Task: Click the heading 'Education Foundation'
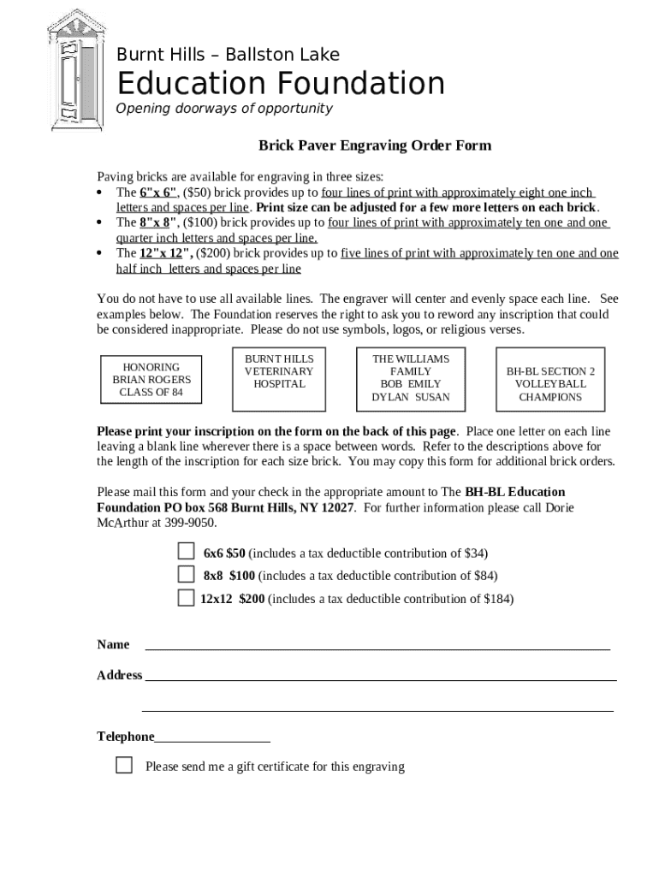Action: (281, 84)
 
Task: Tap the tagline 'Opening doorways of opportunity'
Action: (223, 109)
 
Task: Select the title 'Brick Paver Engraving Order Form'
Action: (375, 145)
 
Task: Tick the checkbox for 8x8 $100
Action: (186, 573)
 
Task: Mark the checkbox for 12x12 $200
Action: (186, 597)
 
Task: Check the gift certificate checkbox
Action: (124, 765)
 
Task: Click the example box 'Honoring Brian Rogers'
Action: (151, 380)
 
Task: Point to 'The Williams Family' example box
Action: (410, 378)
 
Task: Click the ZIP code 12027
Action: (337, 507)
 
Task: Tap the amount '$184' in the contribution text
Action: (496, 599)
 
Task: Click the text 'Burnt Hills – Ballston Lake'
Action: (228, 55)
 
